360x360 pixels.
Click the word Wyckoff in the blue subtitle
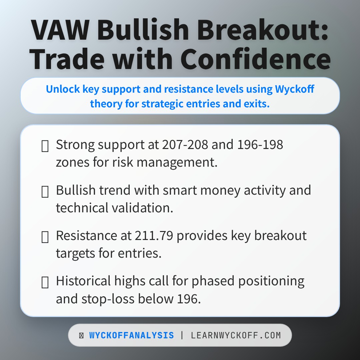click(x=295, y=89)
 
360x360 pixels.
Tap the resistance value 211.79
click(x=154, y=235)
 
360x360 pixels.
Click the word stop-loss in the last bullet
click(x=107, y=299)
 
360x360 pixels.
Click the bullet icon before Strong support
click(x=45, y=146)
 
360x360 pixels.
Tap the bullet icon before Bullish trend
click(x=45, y=191)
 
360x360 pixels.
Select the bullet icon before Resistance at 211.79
click(x=45, y=237)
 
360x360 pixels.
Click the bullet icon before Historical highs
click(x=45, y=282)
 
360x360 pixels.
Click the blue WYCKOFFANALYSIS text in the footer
click(x=131, y=335)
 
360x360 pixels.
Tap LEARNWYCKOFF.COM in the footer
click(x=236, y=335)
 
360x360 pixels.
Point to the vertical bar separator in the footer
click(x=182, y=335)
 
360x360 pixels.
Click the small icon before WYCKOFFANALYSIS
click(x=81, y=336)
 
